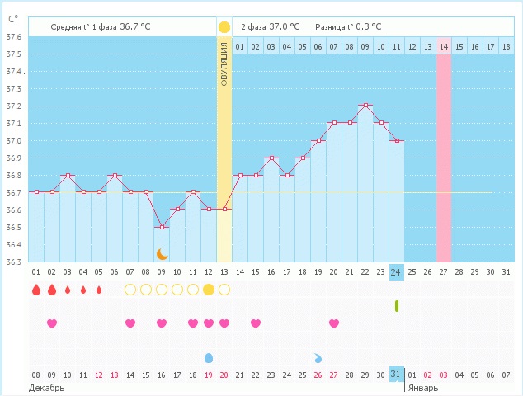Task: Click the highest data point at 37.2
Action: [365, 106]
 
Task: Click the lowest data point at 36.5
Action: [162, 227]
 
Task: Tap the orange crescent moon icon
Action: [163, 254]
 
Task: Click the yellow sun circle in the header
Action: [224, 27]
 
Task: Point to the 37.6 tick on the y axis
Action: [14, 37]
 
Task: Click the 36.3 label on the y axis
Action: [14, 262]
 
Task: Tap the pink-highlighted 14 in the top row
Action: [444, 47]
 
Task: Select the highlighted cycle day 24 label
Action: [397, 271]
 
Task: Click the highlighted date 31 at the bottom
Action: [397, 375]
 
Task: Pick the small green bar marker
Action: [397, 306]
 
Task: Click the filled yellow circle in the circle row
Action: [209, 290]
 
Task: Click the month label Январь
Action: [423, 387]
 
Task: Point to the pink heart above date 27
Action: [334, 323]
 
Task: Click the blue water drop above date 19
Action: [209, 358]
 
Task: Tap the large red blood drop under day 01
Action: [35, 290]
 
